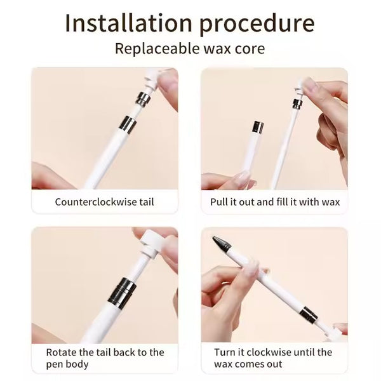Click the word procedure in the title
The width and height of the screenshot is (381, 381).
pyautogui.click(x=260, y=24)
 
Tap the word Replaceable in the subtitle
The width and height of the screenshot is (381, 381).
pyautogui.click(x=149, y=48)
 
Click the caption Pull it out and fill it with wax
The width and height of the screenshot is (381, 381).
pyautogui.click(x=275, y=203)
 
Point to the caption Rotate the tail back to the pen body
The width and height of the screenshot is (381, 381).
pyautogui.click(x=105, y=358)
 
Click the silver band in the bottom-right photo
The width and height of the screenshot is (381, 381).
pyautogui.click(x=308, y=314)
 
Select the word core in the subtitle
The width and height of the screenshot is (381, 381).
pyautogui.click(x=251, y=48)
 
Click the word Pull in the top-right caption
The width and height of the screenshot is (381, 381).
pyautogui.click(x=220, y=203)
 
